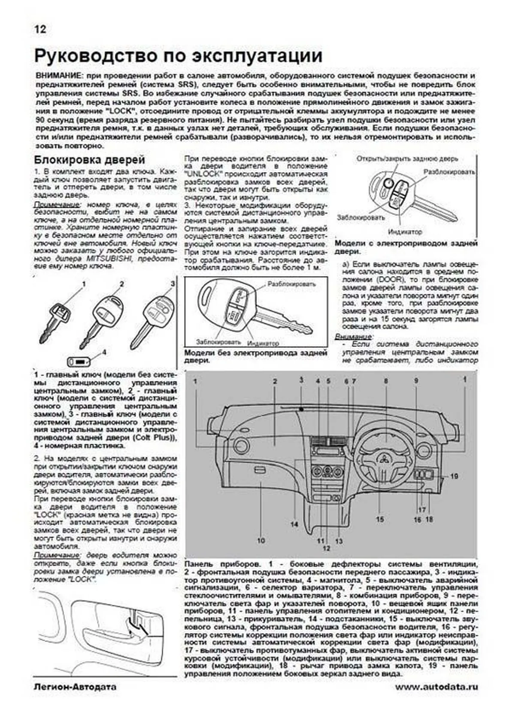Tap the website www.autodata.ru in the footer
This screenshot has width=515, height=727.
pyautogui.click(x=436, y=687)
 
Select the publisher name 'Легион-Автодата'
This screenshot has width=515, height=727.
pyautogui.click(x=75, y=687)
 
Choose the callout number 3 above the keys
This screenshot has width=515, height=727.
pyautogui.click(x=173, y=283)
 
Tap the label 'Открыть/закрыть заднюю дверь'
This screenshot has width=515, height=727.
pyautogui.click(x=407, y=158)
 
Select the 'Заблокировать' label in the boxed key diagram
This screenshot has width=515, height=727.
pyautogui.click(x=218, y=342)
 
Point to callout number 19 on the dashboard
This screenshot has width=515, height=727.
pyautogui.click(x=454, y=476)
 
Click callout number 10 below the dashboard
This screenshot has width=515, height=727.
pyautogui.click(x=261, y=541)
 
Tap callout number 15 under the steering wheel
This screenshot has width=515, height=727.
pyautogui.click(x=380, y=520)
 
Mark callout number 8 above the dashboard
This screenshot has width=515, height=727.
pyautogui.click(x=386, y=381)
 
